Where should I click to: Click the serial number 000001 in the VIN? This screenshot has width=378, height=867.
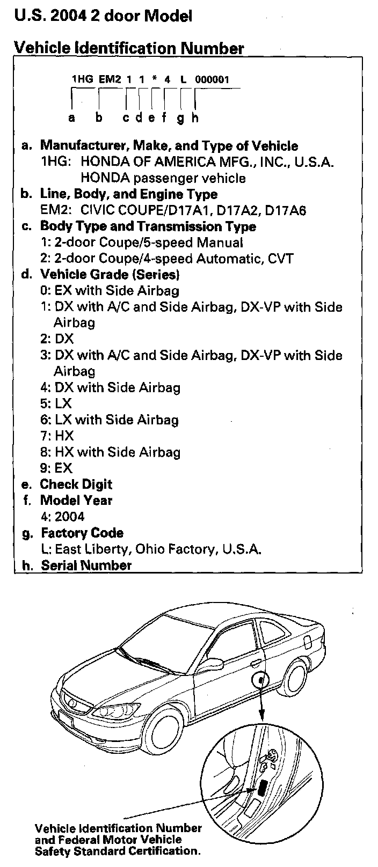tap(212, 79)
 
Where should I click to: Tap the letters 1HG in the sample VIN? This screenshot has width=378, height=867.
tap(82, 79)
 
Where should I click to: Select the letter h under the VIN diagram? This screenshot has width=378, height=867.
tap(195, 117)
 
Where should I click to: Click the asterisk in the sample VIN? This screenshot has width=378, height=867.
tap(155, 80)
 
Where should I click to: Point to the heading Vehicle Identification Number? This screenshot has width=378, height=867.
tap(129, 48)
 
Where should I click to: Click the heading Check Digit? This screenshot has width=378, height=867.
tap(76, 484)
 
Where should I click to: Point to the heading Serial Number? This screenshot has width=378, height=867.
tap(86, 565)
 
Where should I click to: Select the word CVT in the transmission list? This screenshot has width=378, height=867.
tap(281, 259)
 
